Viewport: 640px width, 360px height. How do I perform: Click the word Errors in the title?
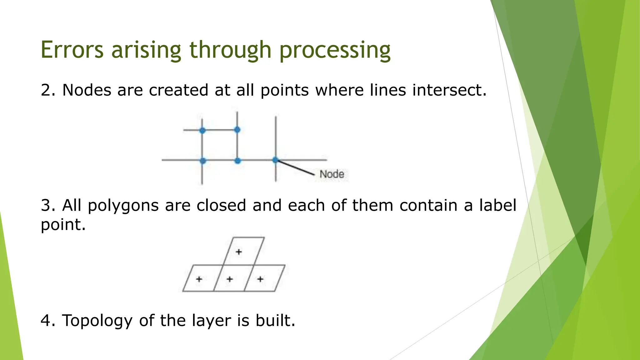tap(72, 50)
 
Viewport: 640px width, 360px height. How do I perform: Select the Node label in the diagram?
tap(332, 174)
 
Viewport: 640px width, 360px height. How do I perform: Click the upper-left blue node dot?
tap(202, 130)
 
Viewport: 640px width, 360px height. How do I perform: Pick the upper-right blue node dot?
tap(237, 129)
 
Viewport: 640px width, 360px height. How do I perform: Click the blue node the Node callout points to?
tap(275, 160)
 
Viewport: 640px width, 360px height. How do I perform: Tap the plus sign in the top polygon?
tap(239, 252)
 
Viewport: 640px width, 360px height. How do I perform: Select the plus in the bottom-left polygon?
tap(199, 279)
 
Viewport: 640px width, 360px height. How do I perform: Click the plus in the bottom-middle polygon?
tap(230, 279)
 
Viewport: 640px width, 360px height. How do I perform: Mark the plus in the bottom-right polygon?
tap(260, 279)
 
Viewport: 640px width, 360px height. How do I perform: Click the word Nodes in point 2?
tap(87, 90)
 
